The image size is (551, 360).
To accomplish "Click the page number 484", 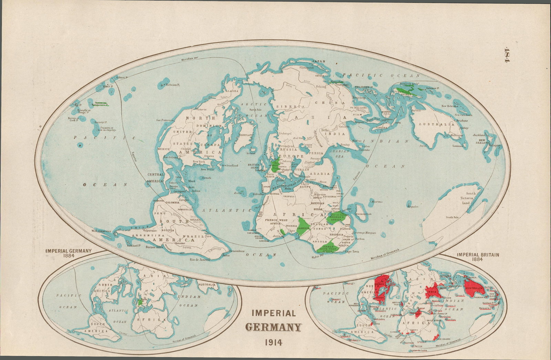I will [x=506, y=55].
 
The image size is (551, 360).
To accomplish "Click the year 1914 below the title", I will [x=273, y=342].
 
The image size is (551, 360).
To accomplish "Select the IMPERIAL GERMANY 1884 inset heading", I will [x=69, y=253].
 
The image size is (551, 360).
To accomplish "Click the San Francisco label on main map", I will [x=164, y=120].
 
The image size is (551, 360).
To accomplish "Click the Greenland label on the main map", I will [x=246, y=135].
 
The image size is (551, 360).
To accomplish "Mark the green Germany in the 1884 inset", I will [x=140, y=302].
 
